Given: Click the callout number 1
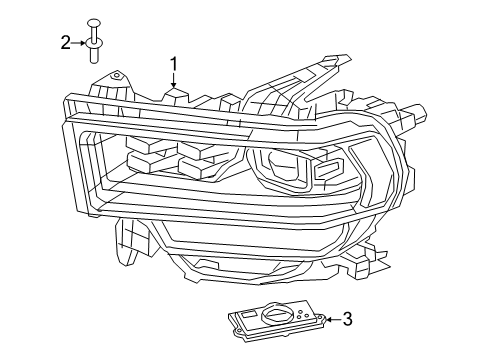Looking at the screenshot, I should coord(173,65).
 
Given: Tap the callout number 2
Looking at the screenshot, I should coord(66,42).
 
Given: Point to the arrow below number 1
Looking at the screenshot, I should coord(173,84).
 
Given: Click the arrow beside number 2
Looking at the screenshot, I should coord(80,42).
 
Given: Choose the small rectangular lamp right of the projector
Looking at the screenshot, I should coord(327,172).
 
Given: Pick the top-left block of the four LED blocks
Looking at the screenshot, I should coord(146,142).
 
